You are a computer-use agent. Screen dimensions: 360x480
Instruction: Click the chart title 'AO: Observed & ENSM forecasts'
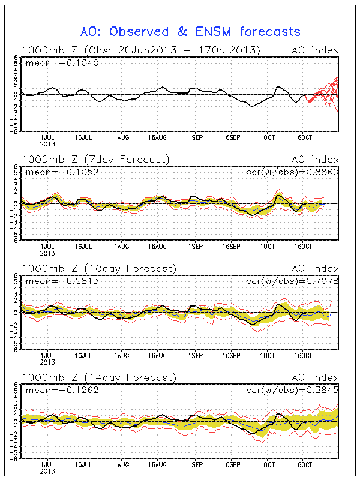(x=190, y=32)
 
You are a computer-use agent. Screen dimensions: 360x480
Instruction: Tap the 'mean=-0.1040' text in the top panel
(x=62, y=63)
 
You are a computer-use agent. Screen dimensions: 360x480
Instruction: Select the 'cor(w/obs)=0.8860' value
(x=292, y=172)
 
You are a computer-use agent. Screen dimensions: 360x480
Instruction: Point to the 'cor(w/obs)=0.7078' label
(x=292, y=281)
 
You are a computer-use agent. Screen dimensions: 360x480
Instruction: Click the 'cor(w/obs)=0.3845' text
(x=292, y=389)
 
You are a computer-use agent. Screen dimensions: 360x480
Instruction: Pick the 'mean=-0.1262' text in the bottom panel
(x=62, y=390)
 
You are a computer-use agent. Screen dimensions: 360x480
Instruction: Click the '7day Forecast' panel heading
(x=126, y=160)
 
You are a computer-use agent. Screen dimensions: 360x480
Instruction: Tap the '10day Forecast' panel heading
(x=130, y=268)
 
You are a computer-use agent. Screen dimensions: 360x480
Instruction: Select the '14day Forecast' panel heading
(x=130, y=378)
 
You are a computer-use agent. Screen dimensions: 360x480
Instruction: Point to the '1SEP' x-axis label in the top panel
(x=196, y=138)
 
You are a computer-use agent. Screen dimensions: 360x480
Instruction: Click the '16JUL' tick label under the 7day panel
(x=83, y=247)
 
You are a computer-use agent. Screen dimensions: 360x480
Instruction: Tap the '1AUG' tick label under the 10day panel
(x=122, y=355)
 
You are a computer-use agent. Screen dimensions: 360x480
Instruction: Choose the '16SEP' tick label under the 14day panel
(x=232, y=464)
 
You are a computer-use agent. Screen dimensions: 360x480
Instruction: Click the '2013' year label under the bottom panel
(x=47, y=472)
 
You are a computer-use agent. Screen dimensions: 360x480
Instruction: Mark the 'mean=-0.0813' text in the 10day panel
(x=62, y=281)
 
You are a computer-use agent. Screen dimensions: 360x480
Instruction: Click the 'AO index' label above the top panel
(x=316, y=50)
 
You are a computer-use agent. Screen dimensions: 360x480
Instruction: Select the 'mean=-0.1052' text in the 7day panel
(x=62, y=172)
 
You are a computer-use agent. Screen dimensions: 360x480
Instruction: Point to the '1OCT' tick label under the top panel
(x=268, y=138)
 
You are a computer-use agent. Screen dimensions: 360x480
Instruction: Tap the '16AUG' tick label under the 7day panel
(x=157, y=247)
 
